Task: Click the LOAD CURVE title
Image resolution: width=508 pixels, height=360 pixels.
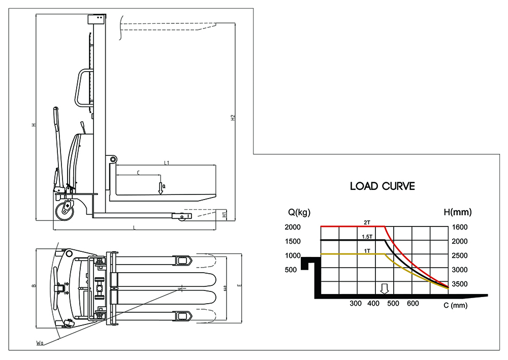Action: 383,186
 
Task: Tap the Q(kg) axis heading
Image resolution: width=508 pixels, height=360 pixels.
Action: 300,212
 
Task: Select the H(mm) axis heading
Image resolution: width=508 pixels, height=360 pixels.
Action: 462,212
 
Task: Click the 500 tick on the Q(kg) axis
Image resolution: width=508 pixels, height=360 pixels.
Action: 290,270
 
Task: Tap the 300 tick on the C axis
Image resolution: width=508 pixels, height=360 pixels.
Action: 356,304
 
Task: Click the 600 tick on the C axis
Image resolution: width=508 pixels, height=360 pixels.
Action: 413,304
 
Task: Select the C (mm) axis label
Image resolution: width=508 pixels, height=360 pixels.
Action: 455,305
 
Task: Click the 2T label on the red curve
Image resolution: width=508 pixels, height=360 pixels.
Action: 366,222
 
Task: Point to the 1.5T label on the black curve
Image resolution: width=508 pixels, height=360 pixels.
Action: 366,237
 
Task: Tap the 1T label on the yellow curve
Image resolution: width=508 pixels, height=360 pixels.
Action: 366,251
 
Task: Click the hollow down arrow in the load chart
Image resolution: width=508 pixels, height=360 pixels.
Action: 385,289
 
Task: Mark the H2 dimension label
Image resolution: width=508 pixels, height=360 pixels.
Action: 233,118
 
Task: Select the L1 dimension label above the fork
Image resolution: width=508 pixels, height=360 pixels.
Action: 167,163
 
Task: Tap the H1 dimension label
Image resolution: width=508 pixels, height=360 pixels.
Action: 225,214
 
